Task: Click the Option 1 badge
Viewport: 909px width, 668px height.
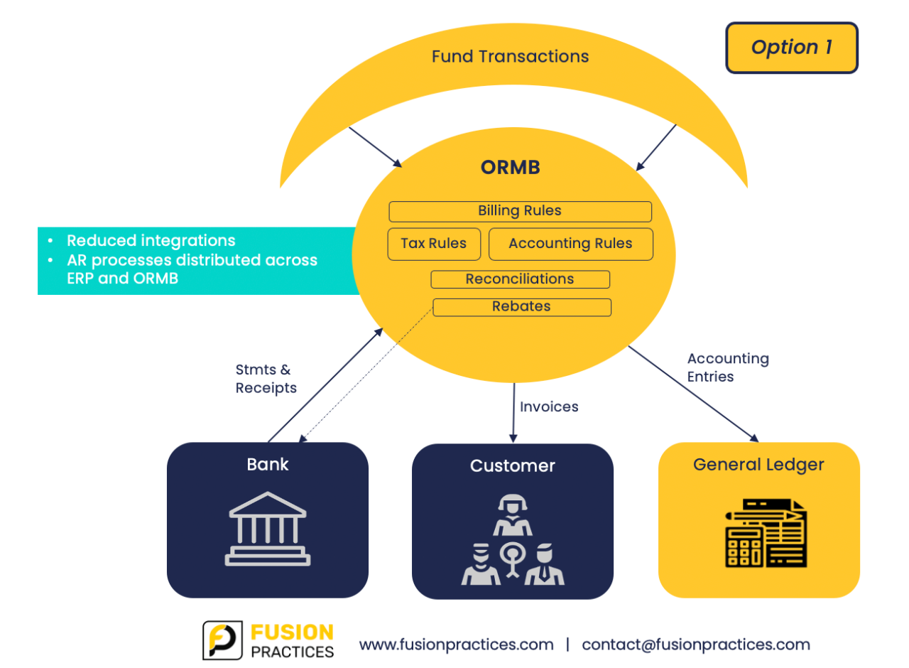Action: point(791,48)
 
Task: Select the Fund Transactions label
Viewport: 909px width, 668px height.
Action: point(510,56)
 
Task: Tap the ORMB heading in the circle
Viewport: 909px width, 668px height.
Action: point(510,167)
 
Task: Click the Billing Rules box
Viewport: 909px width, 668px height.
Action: point(519,211)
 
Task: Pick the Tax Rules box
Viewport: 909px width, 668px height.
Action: point(433,244)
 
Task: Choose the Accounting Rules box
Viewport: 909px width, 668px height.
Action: point(570,244)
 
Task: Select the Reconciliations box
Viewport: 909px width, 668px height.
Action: point(519,279)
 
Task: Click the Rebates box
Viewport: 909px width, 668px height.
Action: point(521,307)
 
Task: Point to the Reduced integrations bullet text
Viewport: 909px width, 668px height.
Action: point(151,241)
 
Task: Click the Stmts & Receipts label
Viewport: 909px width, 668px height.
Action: point(266,379)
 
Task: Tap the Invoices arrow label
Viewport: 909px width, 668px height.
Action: point(549,407)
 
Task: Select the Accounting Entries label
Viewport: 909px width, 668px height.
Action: point(727,367)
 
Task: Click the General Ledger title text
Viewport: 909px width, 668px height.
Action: point(758,465)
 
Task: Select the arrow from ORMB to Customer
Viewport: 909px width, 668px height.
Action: point(513,412)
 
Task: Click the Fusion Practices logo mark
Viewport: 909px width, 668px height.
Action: point(223,640)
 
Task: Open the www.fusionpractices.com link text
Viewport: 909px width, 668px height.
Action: point(456,645)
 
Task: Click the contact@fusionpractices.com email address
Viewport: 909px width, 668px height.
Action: point(695,645)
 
